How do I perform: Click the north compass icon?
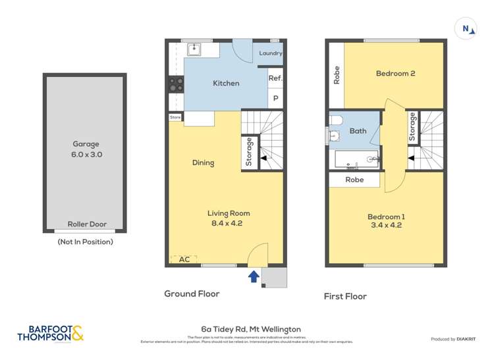466,28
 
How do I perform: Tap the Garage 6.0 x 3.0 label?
86,149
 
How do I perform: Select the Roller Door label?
87,224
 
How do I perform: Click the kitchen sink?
194,49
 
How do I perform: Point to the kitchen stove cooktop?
176,84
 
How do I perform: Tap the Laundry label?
270,54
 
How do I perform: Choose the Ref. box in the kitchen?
275,78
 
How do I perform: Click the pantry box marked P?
275,99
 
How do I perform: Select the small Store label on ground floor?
175,117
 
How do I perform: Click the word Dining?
203,163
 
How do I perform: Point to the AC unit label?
184,259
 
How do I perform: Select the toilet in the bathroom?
336,121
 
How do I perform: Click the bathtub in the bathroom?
354,160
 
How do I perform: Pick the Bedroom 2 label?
395,74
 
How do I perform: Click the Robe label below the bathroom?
354,179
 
